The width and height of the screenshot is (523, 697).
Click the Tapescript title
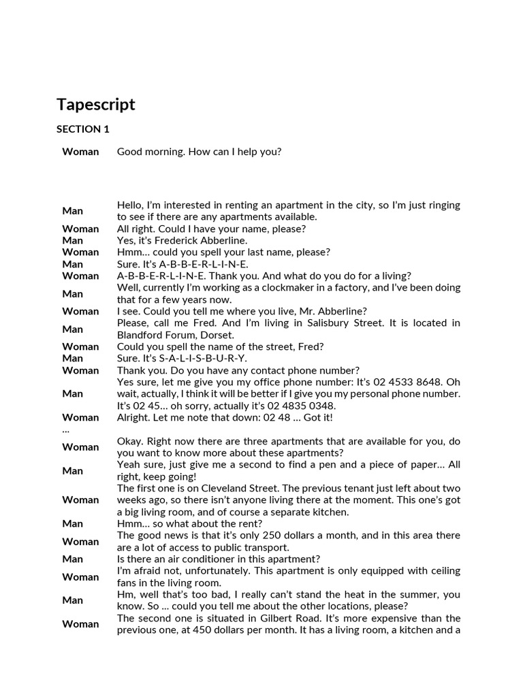(x=95, y=104)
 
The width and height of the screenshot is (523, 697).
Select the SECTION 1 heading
(x=82, y=129)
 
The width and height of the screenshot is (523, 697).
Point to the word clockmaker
(x=267, y=288)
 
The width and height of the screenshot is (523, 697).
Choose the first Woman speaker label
(x=80, y=152)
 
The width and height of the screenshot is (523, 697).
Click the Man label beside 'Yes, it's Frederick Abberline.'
(x=73, y=240)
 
